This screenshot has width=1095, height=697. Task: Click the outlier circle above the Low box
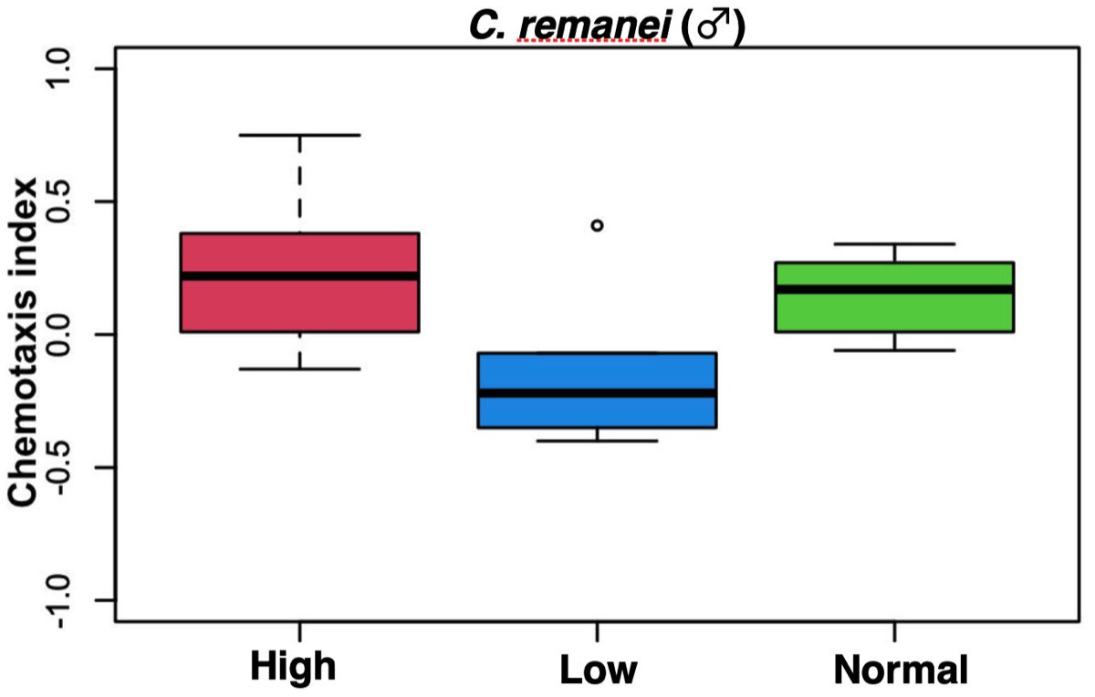(597, 224)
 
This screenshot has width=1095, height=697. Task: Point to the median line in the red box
(299, 276)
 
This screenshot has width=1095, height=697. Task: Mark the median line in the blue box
(597, 392)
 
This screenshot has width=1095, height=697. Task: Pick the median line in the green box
(894, 289)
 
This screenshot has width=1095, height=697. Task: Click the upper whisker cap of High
(299, 135)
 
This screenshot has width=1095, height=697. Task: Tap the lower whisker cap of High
(299, 369)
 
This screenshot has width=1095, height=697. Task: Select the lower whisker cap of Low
(597, 441)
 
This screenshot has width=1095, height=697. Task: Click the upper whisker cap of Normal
(894, 244)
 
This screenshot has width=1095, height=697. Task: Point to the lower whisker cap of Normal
(894, 350)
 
